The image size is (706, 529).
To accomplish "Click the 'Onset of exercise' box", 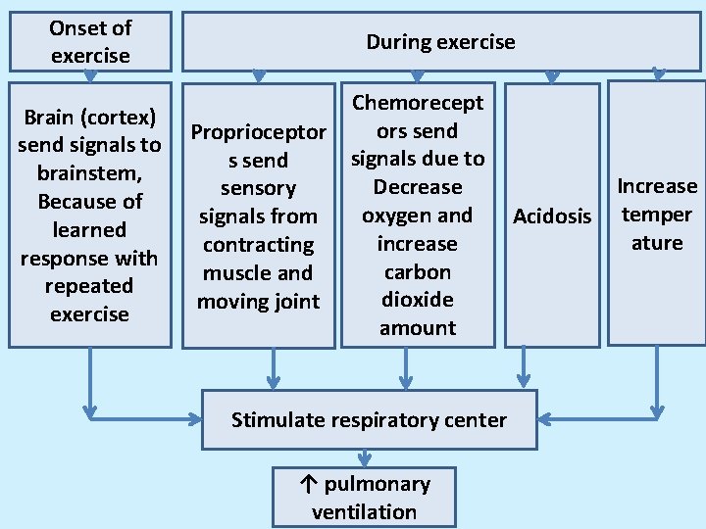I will click(90, 41).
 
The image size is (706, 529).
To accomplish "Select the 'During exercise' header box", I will click(440, 41).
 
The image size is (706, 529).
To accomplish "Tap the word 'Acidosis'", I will click(552, 216).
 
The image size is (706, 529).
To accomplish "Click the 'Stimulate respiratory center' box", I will click(369, 420).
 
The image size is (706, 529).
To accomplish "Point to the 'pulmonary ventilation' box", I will click(364, 498).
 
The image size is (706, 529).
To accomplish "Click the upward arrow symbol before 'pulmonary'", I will click(308, 484).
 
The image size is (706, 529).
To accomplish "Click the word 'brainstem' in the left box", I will click(88, 173).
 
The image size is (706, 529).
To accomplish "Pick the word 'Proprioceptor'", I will click(258, 132).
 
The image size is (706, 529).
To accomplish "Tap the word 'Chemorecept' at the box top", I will click(418, 103).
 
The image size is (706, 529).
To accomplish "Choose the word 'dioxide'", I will click(418, 300).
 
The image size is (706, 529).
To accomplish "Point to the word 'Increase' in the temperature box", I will click(656, 186).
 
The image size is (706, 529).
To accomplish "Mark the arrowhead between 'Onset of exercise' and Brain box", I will click(90, 75).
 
